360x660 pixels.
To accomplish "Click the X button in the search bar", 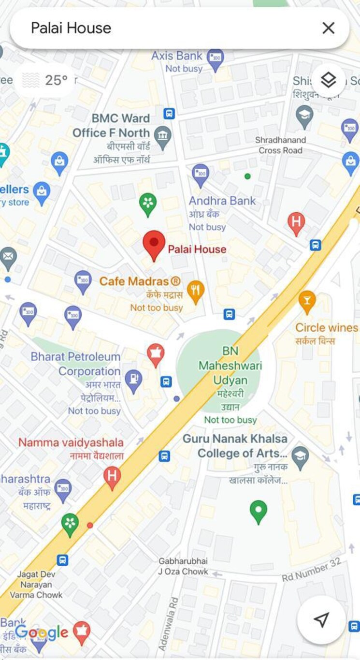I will click(328, 28).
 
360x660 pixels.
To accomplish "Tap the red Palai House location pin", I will click(154, 245).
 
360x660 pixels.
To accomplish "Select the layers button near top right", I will click(328, 80).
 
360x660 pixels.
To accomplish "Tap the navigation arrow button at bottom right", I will click(321, 619).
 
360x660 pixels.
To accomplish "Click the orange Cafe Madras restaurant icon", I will click(195, 292).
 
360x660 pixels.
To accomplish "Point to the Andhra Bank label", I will click(222, 201).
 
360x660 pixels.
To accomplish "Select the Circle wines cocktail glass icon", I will click(307, 301).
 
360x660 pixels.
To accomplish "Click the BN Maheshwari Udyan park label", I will click(230, 366).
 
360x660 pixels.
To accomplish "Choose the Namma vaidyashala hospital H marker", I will click(112, 476).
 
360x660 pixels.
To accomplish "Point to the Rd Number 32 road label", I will click(312, 570).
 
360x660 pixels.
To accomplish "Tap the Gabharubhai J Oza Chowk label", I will click(183, 566).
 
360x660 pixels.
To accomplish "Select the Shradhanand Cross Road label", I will click(281, 145).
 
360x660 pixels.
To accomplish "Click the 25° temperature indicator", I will click(46, 80).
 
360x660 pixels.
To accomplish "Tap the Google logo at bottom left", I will click(42, 632).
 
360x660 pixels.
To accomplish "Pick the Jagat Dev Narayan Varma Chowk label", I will click(36, 585).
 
